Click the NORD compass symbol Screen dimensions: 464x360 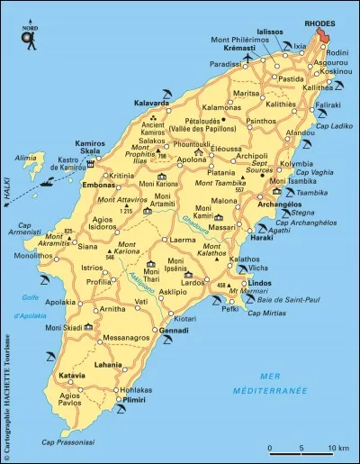pyautogui.click(x=30, y=36)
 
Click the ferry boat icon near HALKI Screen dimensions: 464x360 pyautogui.click(x=48, y=183)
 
